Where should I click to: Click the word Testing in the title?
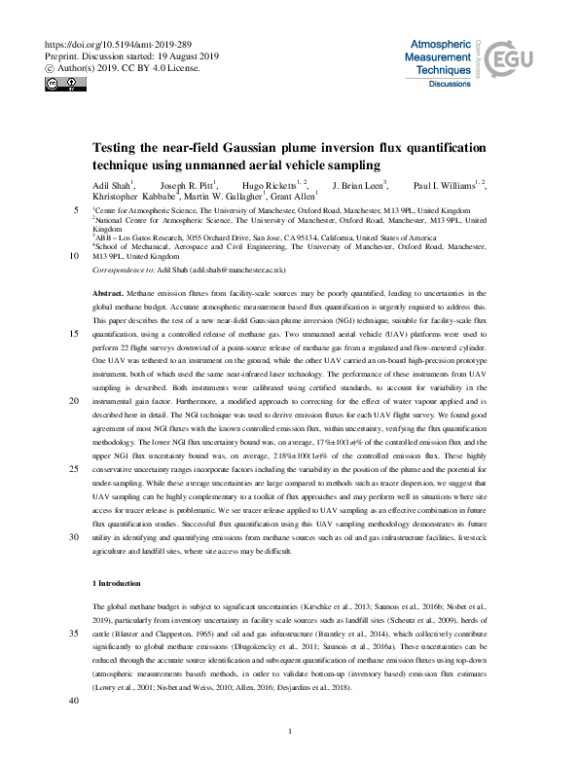coord(118,148)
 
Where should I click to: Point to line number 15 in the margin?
coord(75,333)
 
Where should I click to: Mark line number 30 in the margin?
coord(75,535)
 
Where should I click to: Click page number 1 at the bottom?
coord(290,730)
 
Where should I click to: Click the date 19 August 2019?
coord(181,56)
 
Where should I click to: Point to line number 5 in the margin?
coord(77,210)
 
